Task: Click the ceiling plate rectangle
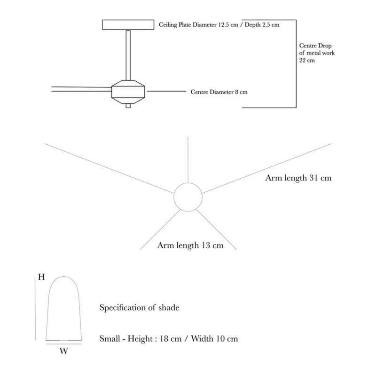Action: click(x=128, y=24)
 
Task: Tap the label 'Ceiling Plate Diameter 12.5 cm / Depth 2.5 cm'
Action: click(x=219, y=24)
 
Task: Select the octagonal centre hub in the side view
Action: click(x=128, y=90)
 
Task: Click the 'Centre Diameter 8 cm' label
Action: click(x=219, y=92)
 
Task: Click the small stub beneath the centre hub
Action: click(x=128, y=105)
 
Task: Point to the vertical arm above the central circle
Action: click(x=188, y=160)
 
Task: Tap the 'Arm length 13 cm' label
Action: click(x=190, y=245)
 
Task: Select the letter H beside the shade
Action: click(x=41, y=277)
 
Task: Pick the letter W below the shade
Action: click(x=64, y=351)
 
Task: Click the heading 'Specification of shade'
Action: click(x=139, y=308)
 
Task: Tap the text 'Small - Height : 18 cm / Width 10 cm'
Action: click(x=169, y=338)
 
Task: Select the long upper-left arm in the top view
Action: click(x=108, y=168)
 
